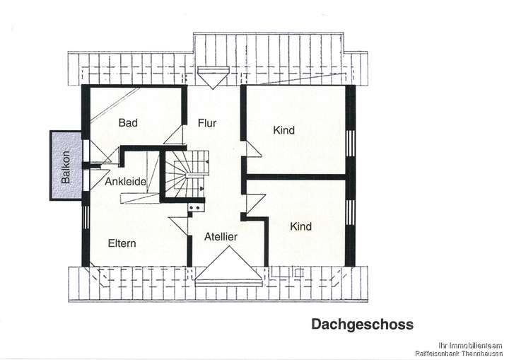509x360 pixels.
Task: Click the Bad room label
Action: click(128, 122)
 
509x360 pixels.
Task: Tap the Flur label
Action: click(207, 123)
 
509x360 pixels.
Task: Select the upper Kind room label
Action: click(283, 130)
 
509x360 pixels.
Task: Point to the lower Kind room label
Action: click(300, 226)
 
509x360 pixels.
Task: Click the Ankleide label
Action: click(126, 182)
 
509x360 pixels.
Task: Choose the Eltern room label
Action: click(122, 243)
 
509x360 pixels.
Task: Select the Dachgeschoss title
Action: click(362, 324)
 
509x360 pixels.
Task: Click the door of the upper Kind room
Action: click(250, 149)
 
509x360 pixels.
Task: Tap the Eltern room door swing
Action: click(180, 226)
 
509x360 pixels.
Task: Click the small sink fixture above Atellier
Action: click(196, 208)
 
